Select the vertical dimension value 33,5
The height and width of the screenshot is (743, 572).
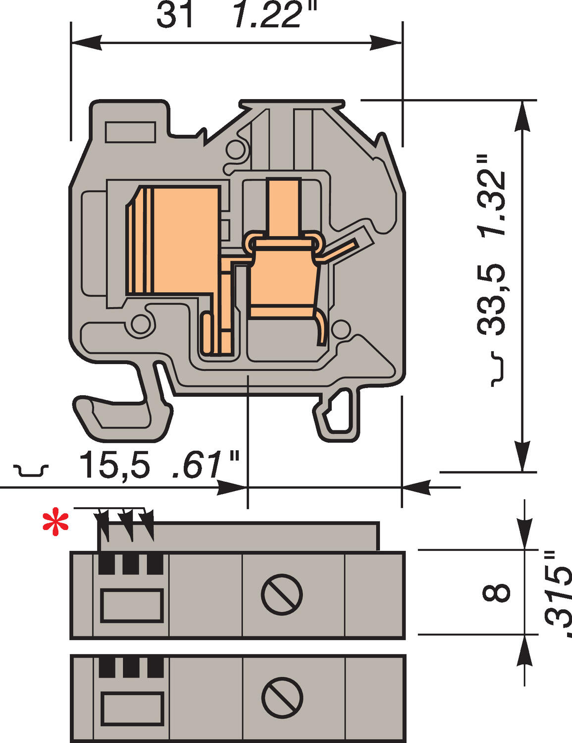491,299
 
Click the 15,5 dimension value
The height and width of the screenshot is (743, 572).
114,466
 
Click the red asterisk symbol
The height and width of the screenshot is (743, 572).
55,524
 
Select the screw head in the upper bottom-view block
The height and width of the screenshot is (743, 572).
281,595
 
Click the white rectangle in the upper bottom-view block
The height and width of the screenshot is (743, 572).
132,605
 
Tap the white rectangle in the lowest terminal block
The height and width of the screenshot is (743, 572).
132,708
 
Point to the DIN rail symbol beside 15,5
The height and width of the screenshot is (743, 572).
31,470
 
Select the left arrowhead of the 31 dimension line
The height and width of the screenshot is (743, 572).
87,43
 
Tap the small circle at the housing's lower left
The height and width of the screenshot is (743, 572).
140,325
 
